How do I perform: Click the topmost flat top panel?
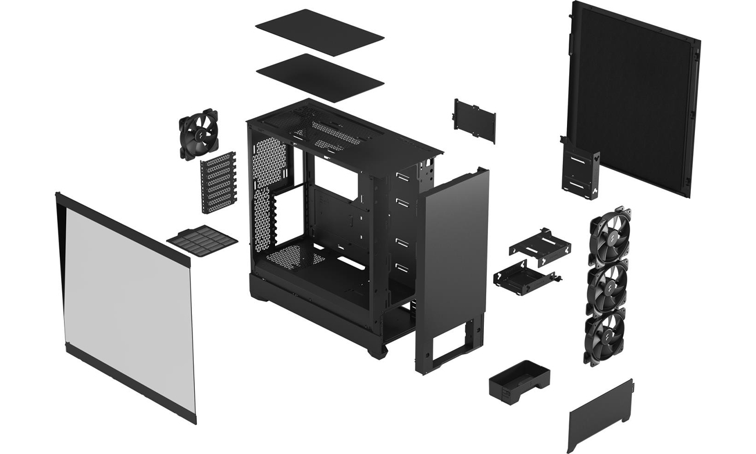tap(319, 31)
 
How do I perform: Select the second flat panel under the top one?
tap(319, 77)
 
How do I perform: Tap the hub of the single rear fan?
tap(198, 134)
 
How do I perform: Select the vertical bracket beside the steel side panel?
tap(576, 169)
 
